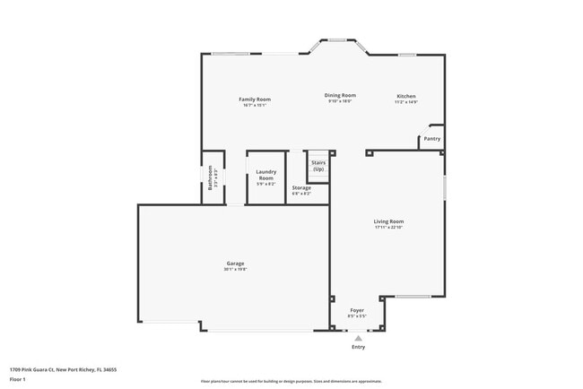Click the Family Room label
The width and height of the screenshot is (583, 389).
point(254,99)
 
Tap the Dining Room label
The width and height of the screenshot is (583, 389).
point(340,95)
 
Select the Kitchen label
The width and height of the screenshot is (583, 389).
point(406,96)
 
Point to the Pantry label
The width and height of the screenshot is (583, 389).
point(431,139)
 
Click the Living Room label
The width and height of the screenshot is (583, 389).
point(388,220)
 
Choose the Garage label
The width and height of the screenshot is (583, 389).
point(235,264)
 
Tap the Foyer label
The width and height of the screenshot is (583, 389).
point(357,309)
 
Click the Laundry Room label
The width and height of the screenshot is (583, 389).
point(265,175)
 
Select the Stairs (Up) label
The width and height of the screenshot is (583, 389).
point(318,166)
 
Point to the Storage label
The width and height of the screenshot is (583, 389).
point(301,187)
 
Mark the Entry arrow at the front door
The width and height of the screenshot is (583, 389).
point(358,337)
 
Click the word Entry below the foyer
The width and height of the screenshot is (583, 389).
point(358,347)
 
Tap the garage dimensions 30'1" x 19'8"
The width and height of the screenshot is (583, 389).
point(235,269)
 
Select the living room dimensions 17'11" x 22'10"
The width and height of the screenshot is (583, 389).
point(388,227)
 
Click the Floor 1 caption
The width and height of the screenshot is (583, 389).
point(19,380)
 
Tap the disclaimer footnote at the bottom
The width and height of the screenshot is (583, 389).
point(291,380)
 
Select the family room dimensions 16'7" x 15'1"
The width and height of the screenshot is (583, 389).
point(254,105)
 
